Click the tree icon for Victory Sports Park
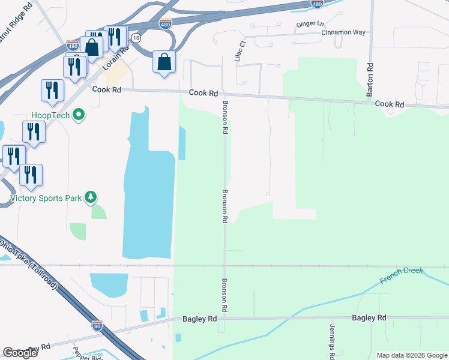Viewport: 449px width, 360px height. click(91, 197)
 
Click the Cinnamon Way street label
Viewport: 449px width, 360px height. click(343, 32)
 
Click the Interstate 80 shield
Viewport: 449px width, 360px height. click(97, 326)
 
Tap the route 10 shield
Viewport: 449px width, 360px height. click(137, 37)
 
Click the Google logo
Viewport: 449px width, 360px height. click(20, 353)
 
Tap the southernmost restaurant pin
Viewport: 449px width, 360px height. click(31, 174)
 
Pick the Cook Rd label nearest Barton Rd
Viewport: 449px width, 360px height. click(390, 104)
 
